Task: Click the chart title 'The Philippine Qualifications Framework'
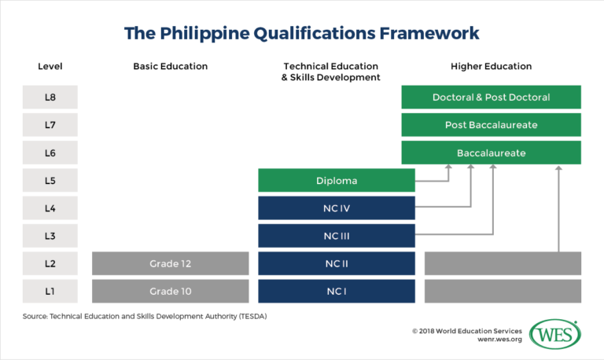302,33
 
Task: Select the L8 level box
50,97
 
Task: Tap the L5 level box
50,180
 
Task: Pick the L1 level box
50,291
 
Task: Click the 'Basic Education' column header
171,67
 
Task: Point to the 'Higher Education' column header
491,67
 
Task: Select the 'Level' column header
50,67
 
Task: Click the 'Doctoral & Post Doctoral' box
491,97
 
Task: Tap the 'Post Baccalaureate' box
491,125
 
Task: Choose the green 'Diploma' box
337,180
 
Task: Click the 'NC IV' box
337,208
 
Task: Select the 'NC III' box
337,235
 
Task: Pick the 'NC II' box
337,263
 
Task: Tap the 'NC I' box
337,291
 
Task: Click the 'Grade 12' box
171,263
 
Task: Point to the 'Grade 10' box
171,291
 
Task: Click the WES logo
555,334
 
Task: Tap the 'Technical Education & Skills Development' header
330,72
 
